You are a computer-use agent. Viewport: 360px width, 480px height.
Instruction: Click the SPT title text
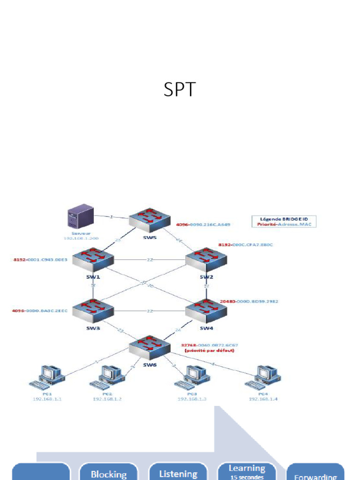pyautogui.click(x=179, y=89)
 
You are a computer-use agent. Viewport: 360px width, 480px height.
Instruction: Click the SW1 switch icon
pyautogui.click(x=93, y=261)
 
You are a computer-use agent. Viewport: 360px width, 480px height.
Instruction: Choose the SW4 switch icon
pyautogui.click(x=206, y=310)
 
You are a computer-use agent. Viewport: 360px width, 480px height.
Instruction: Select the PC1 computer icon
pyautogui.click(x=47, y=378)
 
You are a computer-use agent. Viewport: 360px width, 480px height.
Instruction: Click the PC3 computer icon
pyautogui.click(x=192, y=378)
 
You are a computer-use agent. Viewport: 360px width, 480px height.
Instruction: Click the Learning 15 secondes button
pyautogui.click(x=247, y=472)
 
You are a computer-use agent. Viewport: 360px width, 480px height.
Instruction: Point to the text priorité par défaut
pyautogui.click(x=210, y=350)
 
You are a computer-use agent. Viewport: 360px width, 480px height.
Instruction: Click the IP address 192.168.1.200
pyautogui.click(x=81, y=239)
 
